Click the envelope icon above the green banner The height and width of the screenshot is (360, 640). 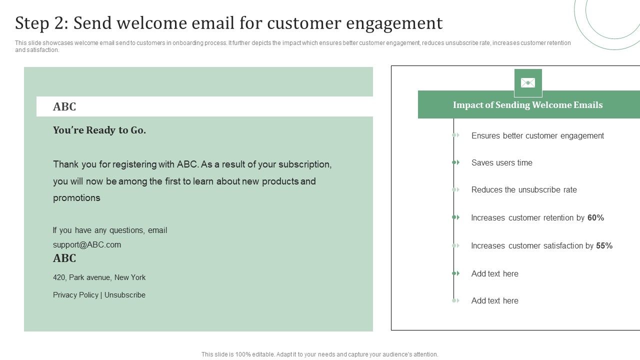[528, 83]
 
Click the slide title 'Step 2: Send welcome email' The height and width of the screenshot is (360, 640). [228, 23]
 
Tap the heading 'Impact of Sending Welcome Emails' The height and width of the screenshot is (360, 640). [527, 105]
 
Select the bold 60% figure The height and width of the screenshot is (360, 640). [595, 217]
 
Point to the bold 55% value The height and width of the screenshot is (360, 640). [604, 245]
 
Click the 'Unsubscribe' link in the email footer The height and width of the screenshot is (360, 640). [124, 295]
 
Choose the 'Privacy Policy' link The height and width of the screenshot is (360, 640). [75, 295]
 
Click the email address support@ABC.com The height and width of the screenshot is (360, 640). [87, 244]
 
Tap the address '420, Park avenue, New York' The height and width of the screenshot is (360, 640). [99, 277]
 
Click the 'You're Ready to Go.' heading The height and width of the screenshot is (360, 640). [99, 130]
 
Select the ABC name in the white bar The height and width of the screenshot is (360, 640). [64, 107]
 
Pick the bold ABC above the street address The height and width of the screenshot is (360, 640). [64, 258]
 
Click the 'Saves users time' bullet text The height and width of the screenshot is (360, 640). [501, 162]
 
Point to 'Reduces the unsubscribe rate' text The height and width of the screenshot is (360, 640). [523, 189]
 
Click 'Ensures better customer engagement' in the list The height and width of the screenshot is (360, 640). [537, 135]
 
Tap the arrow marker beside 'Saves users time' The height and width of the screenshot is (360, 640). [455, 162]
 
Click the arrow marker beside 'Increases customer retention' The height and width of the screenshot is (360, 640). [455, 217]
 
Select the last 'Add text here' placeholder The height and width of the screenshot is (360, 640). [494, 300]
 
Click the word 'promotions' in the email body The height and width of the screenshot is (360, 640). [76, 198]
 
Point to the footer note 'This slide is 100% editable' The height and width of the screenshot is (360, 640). [319, 354]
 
